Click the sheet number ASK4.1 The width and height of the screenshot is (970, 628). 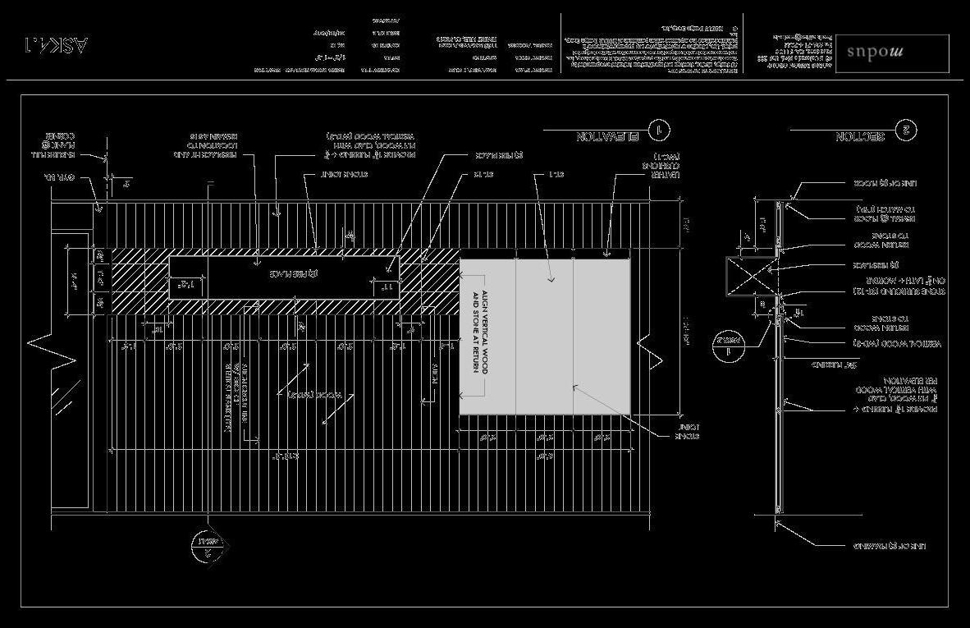coord(56,43)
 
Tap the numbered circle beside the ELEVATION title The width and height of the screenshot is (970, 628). coord(658,131)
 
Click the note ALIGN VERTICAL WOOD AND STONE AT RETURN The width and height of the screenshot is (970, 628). coord(479,332)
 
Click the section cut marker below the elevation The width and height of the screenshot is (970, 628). coord(206,544)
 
